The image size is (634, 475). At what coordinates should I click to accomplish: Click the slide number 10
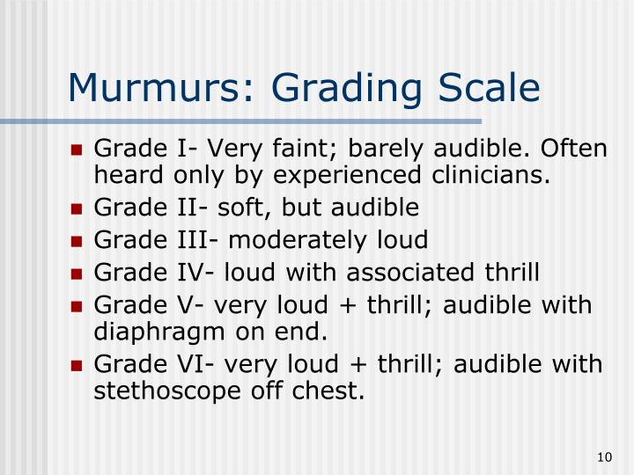[x=603, y=456]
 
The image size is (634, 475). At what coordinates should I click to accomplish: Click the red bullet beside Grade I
[x=77, y=149]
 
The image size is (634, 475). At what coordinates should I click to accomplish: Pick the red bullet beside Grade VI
[x=77, y=364]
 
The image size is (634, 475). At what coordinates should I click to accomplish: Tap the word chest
[x=331, y=391]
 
